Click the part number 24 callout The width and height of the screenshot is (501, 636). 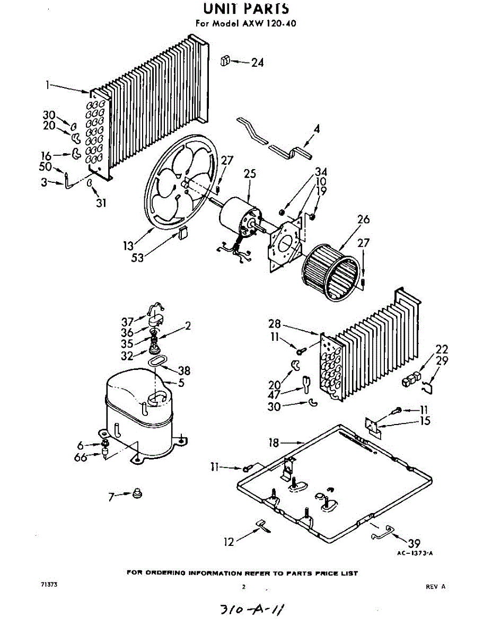coord(257,63)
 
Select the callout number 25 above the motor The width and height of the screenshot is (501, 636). coord(250,173)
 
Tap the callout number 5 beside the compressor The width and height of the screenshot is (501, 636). coord(181,382)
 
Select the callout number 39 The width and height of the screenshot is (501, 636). coord(414,543)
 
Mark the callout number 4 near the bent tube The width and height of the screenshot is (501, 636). coord(316,128)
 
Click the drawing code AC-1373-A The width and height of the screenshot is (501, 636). coord(415,553)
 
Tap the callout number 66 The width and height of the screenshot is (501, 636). coord(81,457)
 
